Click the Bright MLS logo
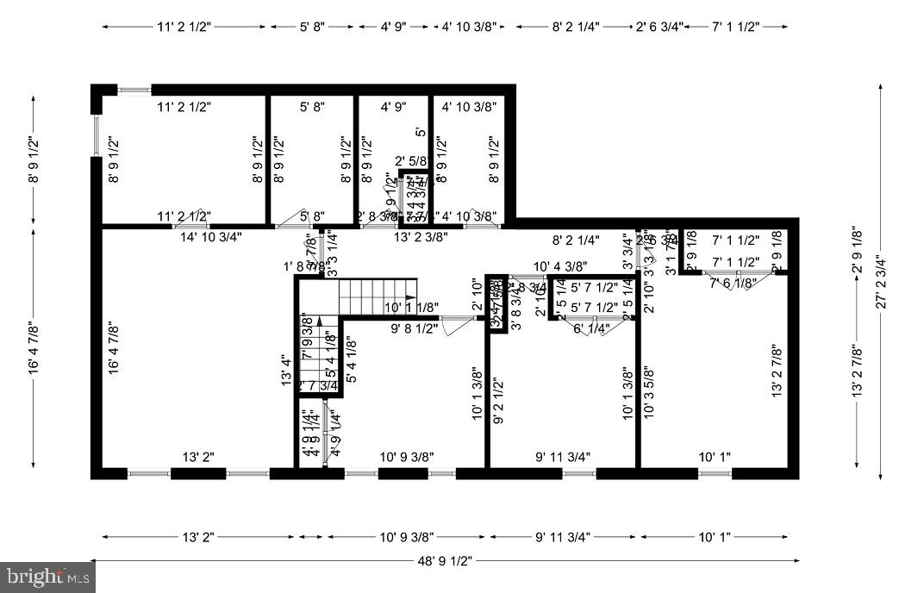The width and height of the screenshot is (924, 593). (x=47, y=576)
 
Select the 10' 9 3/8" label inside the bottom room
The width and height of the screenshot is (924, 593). (x=407, y=457)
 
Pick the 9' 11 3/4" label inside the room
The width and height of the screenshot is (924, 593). (x=562, y=457)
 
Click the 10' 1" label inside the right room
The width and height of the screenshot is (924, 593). (x=714, y=457)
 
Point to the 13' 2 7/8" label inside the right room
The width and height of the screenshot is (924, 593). (x=776, y=371)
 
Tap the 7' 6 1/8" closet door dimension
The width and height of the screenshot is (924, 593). (x=734, y=283)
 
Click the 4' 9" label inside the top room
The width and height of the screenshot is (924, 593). (x=393, y=108)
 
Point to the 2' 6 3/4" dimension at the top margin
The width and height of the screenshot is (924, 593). (x=659, y=27)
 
